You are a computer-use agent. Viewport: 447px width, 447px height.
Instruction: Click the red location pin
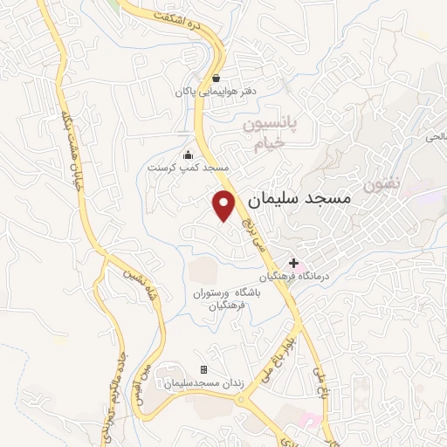224,204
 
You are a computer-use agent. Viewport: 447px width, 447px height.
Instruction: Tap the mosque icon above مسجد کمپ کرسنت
187,155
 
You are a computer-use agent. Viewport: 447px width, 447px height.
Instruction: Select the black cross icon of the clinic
294,262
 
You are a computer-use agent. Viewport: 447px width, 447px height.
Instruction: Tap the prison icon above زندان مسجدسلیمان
204,370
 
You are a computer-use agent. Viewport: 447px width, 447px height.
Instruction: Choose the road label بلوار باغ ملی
296,340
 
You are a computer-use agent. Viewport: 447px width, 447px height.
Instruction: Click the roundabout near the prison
241,399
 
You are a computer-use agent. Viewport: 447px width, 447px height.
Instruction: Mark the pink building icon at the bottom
306,421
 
